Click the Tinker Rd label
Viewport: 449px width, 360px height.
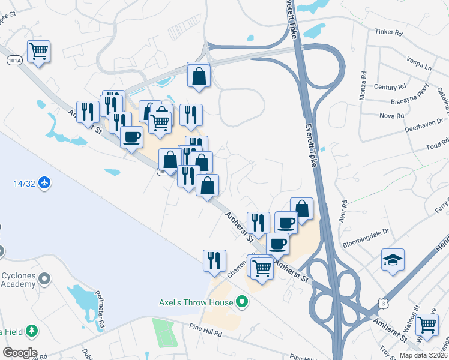coord(388,32)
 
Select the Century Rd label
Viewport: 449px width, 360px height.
coord(385,87)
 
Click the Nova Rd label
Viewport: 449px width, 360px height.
coord(391,115)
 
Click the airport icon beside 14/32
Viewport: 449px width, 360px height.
coord(44,182)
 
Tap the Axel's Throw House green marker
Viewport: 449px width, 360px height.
coord(242,301)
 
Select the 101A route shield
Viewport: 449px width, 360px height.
coord(15,61)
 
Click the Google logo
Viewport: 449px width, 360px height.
coord(19,353)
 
